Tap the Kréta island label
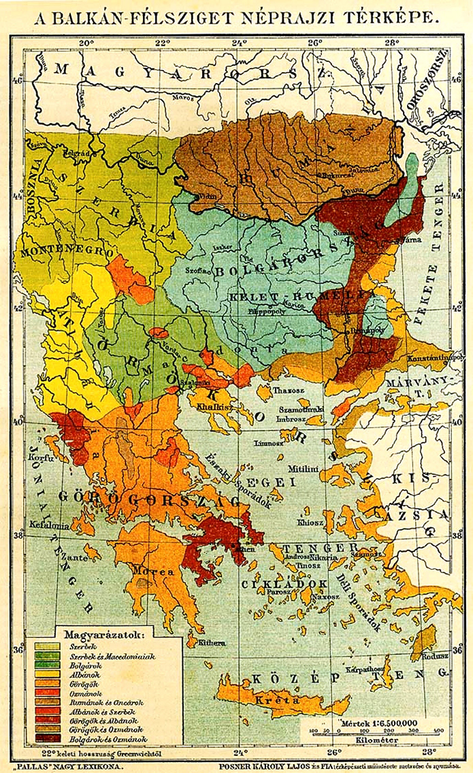coord(270,700)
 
